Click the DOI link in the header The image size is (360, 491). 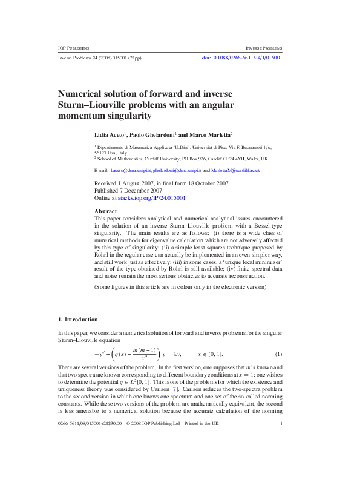pyautogui.click(x=241, y=58)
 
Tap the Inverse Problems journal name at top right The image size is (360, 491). pyautogui.click(x=264, y=48)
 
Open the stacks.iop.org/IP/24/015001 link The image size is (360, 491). pyautogui.click(x=160, y=198)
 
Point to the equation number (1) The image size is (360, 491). pyautogui.click(x=279, y=354)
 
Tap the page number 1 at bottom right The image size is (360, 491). pyautogui.click(x=282, y=475)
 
